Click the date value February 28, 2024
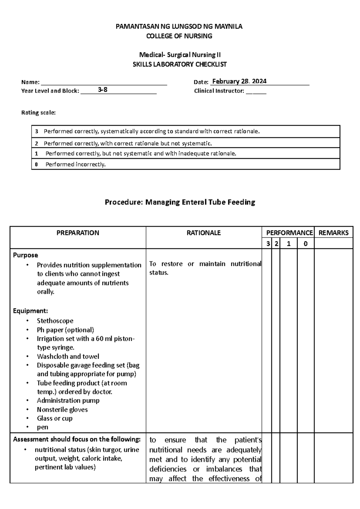(239, 81)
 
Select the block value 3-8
(103, 89)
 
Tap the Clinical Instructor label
(219, 91)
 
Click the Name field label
(30, 82)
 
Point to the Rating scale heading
(38, 113)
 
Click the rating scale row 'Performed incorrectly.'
(75, 164)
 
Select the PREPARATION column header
(78, 233)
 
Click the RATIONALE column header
(204, 233)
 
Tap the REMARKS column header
(333, 233)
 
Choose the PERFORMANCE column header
(289, 233)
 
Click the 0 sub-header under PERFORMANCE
(305, 244)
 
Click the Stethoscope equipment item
(55, 321)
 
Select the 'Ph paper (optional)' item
(65, 330)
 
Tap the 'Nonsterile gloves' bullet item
(62, 410)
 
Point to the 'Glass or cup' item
(55, 418)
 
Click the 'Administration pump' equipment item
(68, 401)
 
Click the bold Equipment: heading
(30, 311)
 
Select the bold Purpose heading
(25, 255)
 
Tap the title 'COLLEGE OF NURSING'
(179, 36)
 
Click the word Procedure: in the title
(124, 202)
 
